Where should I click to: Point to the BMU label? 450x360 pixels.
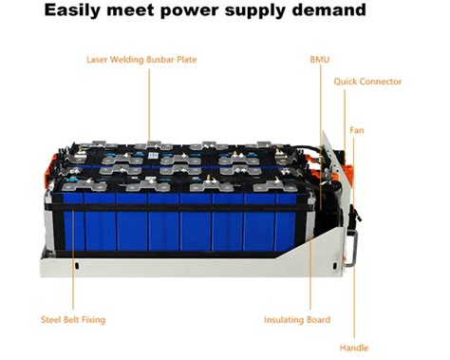coord(320,58)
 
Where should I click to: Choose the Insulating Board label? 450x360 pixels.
coord(297,320)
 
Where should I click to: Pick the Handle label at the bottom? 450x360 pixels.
coord(353,348)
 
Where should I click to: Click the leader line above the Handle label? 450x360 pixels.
coord(353,304)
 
